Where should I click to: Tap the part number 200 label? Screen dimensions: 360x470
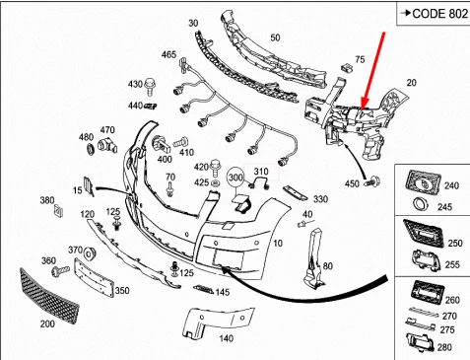tap(46, 324)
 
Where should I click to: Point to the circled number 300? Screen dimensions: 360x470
tap(235, 178)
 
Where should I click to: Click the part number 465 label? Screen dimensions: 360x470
tap(169, 55)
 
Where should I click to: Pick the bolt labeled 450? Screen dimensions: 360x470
tap(371, 181)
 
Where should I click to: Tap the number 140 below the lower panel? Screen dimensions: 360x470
tap(226, 338)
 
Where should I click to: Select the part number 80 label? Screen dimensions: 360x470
tap(328, 264)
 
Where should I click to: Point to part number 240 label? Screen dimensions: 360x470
tap(452, 184)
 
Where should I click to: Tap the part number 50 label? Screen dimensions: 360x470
tap(275, 37)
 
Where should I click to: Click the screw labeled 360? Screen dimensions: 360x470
tap(63, 267)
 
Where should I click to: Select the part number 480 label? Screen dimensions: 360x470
tap(86, 137)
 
